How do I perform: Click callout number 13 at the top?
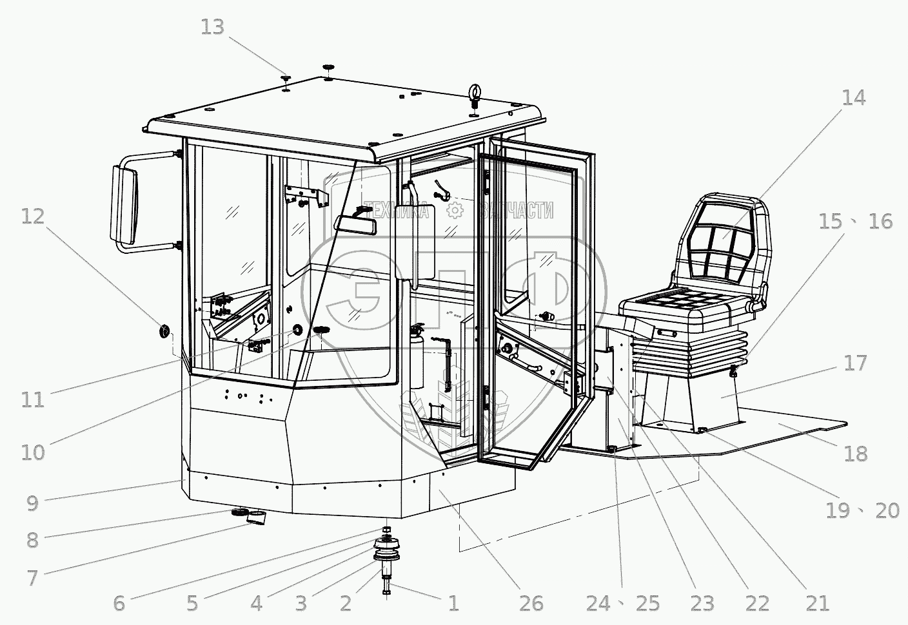(x=212, y=28)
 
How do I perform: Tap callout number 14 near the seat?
(x=853, y=98)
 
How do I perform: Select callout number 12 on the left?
(x=33, y=216)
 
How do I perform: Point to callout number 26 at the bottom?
(x=531, y=603)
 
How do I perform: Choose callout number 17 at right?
(x=856, y=363)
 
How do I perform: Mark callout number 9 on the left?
(x=33, y=503)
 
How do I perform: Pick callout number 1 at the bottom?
(x=453, y=603)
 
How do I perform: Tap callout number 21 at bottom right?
(x=816, y=603)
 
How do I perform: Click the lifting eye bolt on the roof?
(x=475, y=95)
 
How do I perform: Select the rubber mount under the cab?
(x=388, y=552)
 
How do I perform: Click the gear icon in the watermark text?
(x=455, y=209)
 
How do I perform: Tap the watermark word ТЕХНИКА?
(x=396, y=209)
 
